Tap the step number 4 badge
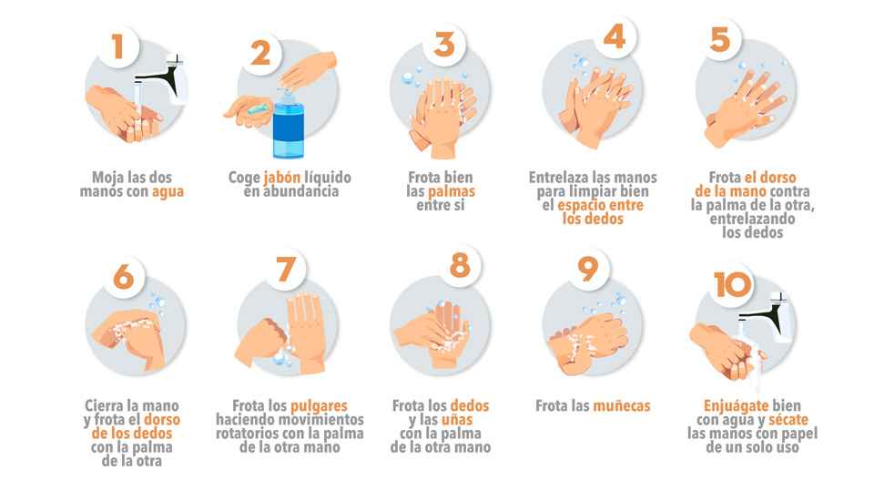pos(615,37)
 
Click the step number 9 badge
pos(588,271)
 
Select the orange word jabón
pos(281,177)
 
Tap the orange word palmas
pos(452,192)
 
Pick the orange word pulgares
pos(319,405)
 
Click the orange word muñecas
pos(622,406)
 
